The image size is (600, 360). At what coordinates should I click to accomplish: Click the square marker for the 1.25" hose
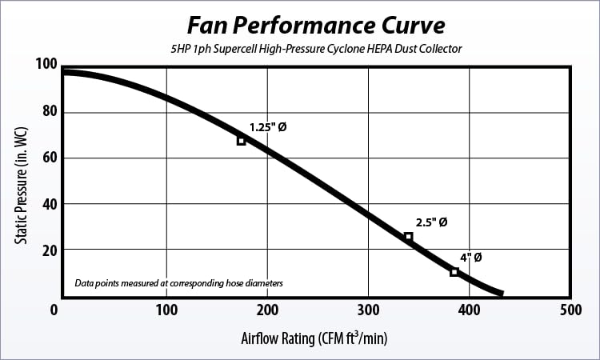pyautogui.click(x=241, y=141)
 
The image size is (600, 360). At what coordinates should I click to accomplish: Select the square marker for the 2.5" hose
pyautogui.click(x=408, y=237)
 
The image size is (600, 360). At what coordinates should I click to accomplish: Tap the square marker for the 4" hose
pyautogui.click(x=454, y=272)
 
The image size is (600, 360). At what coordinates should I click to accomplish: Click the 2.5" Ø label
pyautogui.click(x=431, y=222)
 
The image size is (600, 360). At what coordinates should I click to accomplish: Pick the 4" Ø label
pyautogui.click(x=470, y=258)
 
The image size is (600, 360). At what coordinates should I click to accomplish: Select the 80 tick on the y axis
pyautogui.click(x=47, y=111)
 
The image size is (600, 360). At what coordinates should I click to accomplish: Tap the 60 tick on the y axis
pyautogui.click(x=47, y=158)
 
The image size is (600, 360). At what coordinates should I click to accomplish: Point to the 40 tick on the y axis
pyautogui.click(x=47, y=204)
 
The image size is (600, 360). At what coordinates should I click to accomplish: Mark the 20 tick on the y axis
pyautogui.click(x=47, y=250)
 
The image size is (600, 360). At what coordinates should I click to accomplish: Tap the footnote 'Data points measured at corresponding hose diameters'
pyautogui.click(x=179, y=283)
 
